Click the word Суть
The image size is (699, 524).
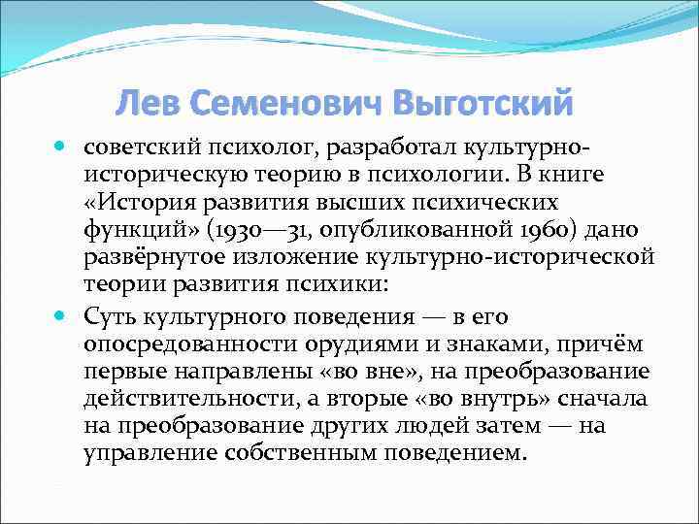[115, 316]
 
